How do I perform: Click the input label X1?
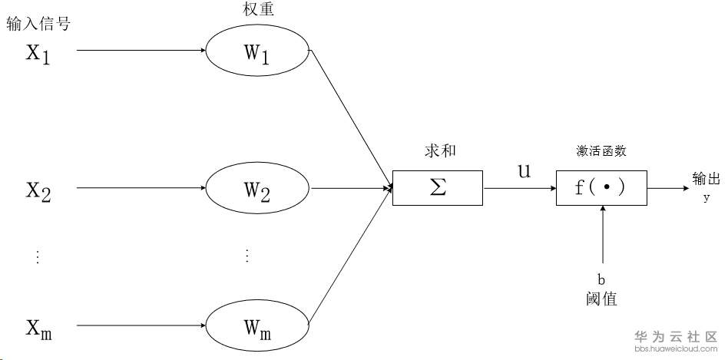point(38,53)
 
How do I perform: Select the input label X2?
point(38,189)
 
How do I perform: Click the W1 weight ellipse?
point(256,52)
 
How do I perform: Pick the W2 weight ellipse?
point(256,188)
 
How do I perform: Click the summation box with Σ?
point(438,187)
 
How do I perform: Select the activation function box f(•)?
point(601,187)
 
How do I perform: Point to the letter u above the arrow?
point(524,171)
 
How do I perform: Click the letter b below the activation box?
point(602,279)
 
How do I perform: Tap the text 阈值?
point(601,299)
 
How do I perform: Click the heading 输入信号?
point(38,24)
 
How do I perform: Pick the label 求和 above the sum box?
point(438,150)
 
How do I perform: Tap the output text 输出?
point(706,180)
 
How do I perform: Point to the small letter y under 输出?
point(706,198)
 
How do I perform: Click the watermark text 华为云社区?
point(675,337)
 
